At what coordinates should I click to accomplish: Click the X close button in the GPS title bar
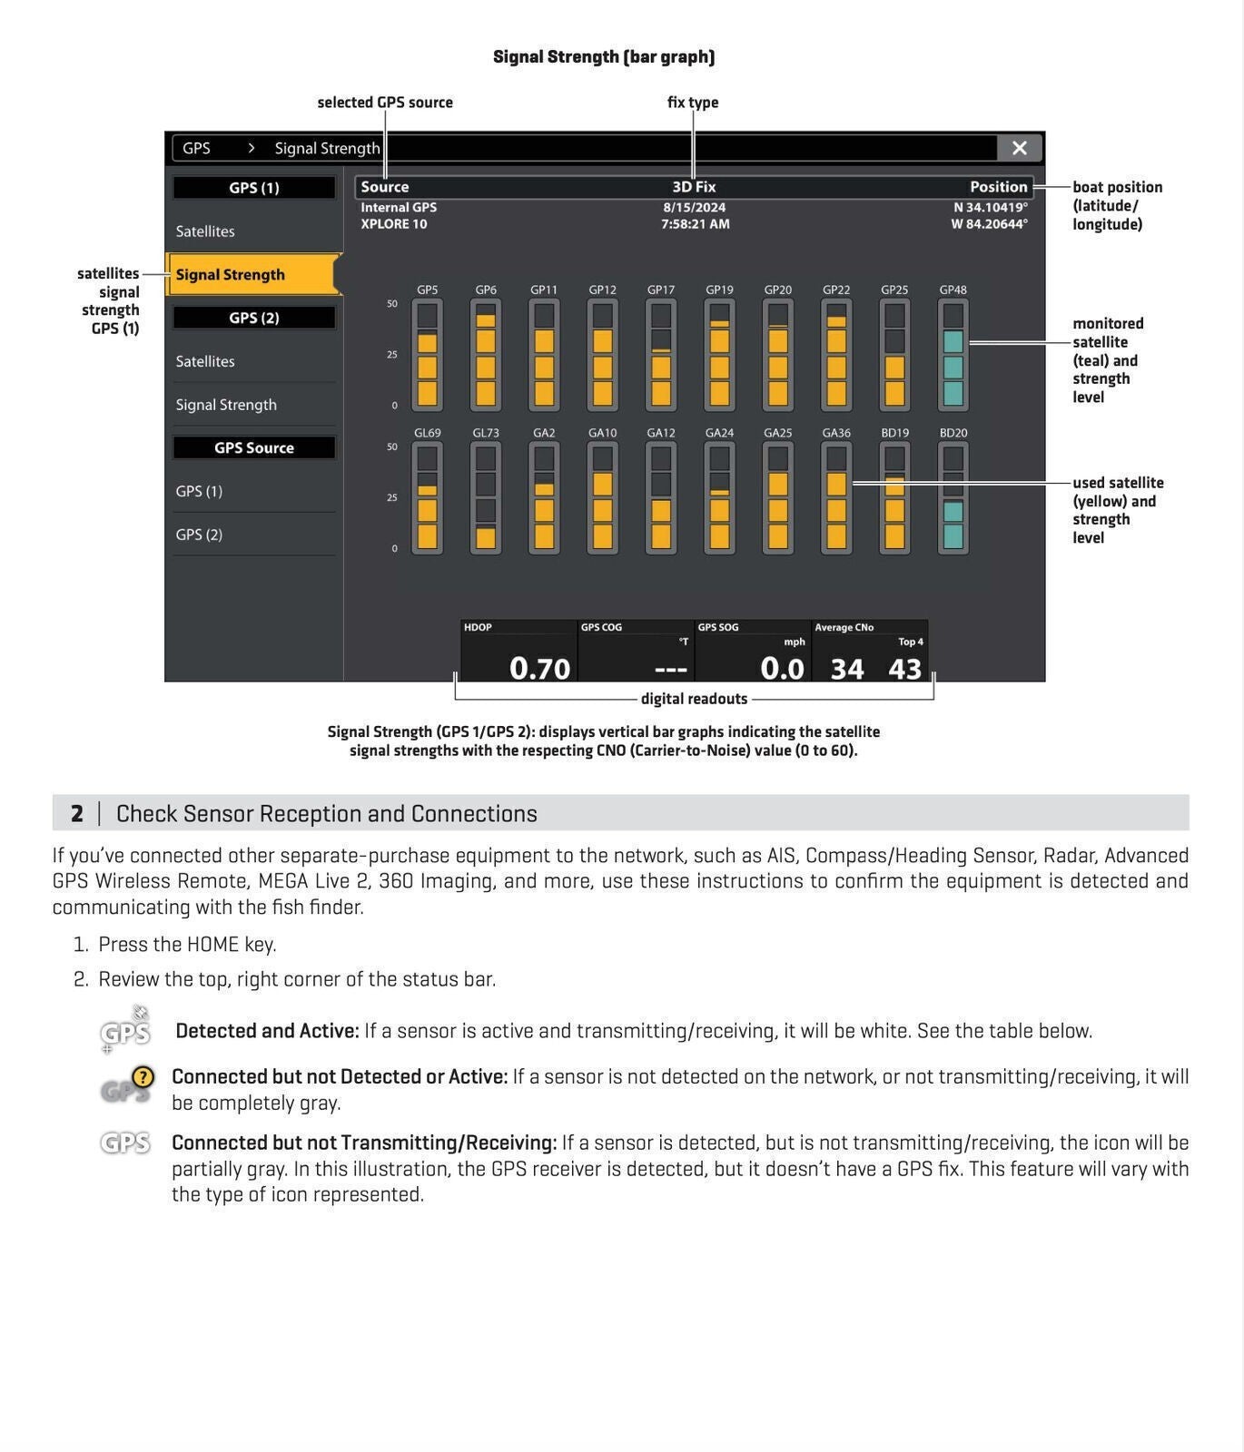(1019, 148)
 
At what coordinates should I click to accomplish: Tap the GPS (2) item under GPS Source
(199, 535)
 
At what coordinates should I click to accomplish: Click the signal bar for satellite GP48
(953, 356)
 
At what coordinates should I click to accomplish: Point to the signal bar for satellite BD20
(953, 498)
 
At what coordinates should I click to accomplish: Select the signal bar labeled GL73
(486, 498)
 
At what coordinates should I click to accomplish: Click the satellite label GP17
(661, 289)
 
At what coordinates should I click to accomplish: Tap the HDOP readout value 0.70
(539, 669)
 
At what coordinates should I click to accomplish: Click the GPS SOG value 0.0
(782, 669)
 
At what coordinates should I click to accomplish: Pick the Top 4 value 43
(904, 669)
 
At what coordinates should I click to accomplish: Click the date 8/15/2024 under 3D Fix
(695, 207)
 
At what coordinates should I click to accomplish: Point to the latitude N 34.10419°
(990, 207)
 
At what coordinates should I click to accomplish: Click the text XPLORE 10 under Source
(394, 224)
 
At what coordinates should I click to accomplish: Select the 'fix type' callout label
(693, 103)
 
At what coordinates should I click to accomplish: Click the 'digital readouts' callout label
(694, 699)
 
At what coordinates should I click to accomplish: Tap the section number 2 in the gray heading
(77, 813)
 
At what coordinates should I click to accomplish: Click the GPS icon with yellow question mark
(126, 1084)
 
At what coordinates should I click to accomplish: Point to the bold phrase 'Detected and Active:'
(267, 1031)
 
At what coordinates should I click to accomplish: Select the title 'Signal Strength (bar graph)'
(604, 56)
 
